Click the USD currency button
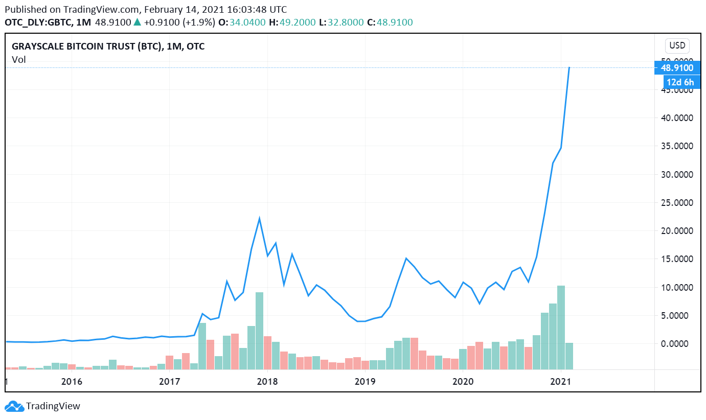[x=677, y=45]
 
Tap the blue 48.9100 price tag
[x=677, y=68]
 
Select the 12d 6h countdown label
[x=680, y=82]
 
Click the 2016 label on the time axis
[x=72, y=381]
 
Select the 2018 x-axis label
[x=267, y=381]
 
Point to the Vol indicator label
[x=19, y=60]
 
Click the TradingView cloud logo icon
[x=14, y=406]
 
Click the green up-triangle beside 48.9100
[x=137, y=22]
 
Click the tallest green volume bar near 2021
[x=561, y=327]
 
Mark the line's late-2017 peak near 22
[x=259, y=219]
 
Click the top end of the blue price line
[x=569, y=67]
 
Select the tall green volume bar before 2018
[x=259, y=330]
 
